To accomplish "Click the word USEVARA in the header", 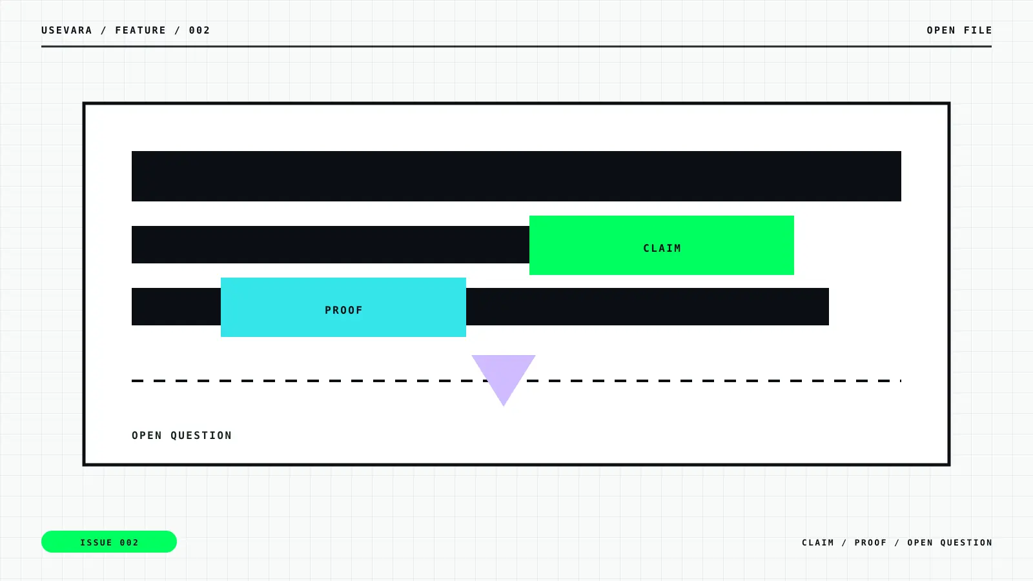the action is (67, 30).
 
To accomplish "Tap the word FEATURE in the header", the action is (141, 30).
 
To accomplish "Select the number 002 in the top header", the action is (199, 30).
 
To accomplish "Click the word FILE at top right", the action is (978, 30).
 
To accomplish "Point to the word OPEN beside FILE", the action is (941, 30).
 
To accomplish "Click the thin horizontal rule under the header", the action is (516, 46).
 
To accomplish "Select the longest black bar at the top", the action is (516, 176).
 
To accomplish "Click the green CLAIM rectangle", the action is (662, 245).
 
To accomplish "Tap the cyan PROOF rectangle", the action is (343, 307).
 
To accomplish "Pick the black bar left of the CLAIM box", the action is (330, 245).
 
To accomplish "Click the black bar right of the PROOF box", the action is (648, 307).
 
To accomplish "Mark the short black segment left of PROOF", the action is (176, 307).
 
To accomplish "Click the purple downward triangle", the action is (504, 374).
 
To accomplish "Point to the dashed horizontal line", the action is (516, 381).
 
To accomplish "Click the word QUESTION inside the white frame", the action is (201, 436).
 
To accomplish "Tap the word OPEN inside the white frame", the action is (147, 436).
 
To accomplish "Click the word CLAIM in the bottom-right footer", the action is (818, 543).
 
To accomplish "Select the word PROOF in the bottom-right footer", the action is (871, 543).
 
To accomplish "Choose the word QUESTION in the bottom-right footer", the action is (966, 543).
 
